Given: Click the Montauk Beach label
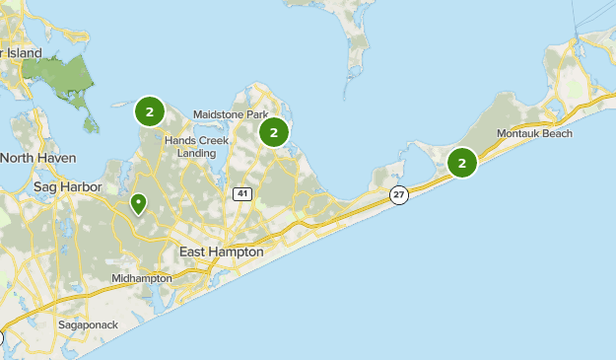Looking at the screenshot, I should (x=534, y=133).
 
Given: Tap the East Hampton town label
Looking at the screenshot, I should (x=222, y=252).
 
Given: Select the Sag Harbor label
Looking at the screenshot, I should (x=62, y=185).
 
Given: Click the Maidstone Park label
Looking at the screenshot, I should (x=231, y=114).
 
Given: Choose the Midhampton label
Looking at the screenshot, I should (x=141, y=278).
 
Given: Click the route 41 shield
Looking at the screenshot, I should (x=241, y=193).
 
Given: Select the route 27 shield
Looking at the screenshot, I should (x=398, y=195).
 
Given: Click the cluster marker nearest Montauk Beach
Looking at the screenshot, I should (x=462, y=163).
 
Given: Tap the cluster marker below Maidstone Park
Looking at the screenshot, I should (x=273, y=131).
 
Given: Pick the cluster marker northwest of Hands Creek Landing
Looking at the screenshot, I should (x=149, y=111).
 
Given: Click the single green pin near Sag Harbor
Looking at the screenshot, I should (x=139, y=203).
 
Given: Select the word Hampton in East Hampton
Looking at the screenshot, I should (x=240, y=252).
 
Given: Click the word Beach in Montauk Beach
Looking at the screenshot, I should (x=557, y=133).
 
